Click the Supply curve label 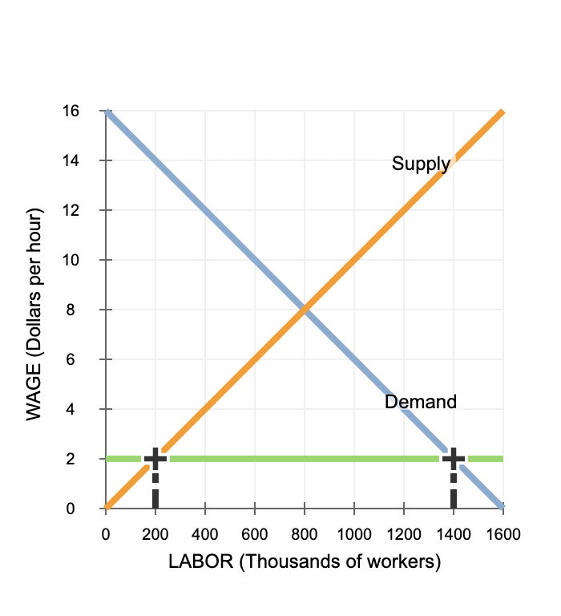pos(421,164)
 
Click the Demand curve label pos(420,402)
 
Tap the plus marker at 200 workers pos(155,459)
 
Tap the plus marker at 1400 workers pos(454,459)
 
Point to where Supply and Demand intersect pos(305,310)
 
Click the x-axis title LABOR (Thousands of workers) pos(305,561)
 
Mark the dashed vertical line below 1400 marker pos(454,489)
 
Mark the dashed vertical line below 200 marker pos(155,489)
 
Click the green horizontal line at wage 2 pos(305,459)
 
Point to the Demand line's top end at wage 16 pos(107,112)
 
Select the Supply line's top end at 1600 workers pos(502,112)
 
